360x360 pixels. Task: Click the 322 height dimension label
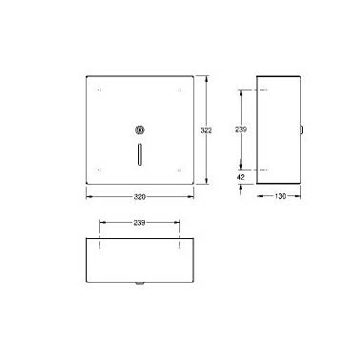pyautogui.click(x=206, y=130)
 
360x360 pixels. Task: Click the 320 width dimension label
pyautogui.click(x=139, y=197)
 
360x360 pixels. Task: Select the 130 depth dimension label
pyautogui.click(x=280, y=196)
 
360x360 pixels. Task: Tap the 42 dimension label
pyautogui.click(x=241, y=177)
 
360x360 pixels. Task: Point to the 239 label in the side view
pyautogui.click(x=241, y=130)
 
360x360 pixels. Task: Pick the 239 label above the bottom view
pyautogui.click(x=139, y=223)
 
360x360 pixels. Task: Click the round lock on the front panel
pyautogui.click(x=140, y=130)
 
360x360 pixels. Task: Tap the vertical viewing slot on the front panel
pyautogui.click(x=140, y=154)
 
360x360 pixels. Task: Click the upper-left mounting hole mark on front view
pyautogui.click(x=99, y=90)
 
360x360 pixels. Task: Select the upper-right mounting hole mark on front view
pyautogui.click(x=180, y=90)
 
